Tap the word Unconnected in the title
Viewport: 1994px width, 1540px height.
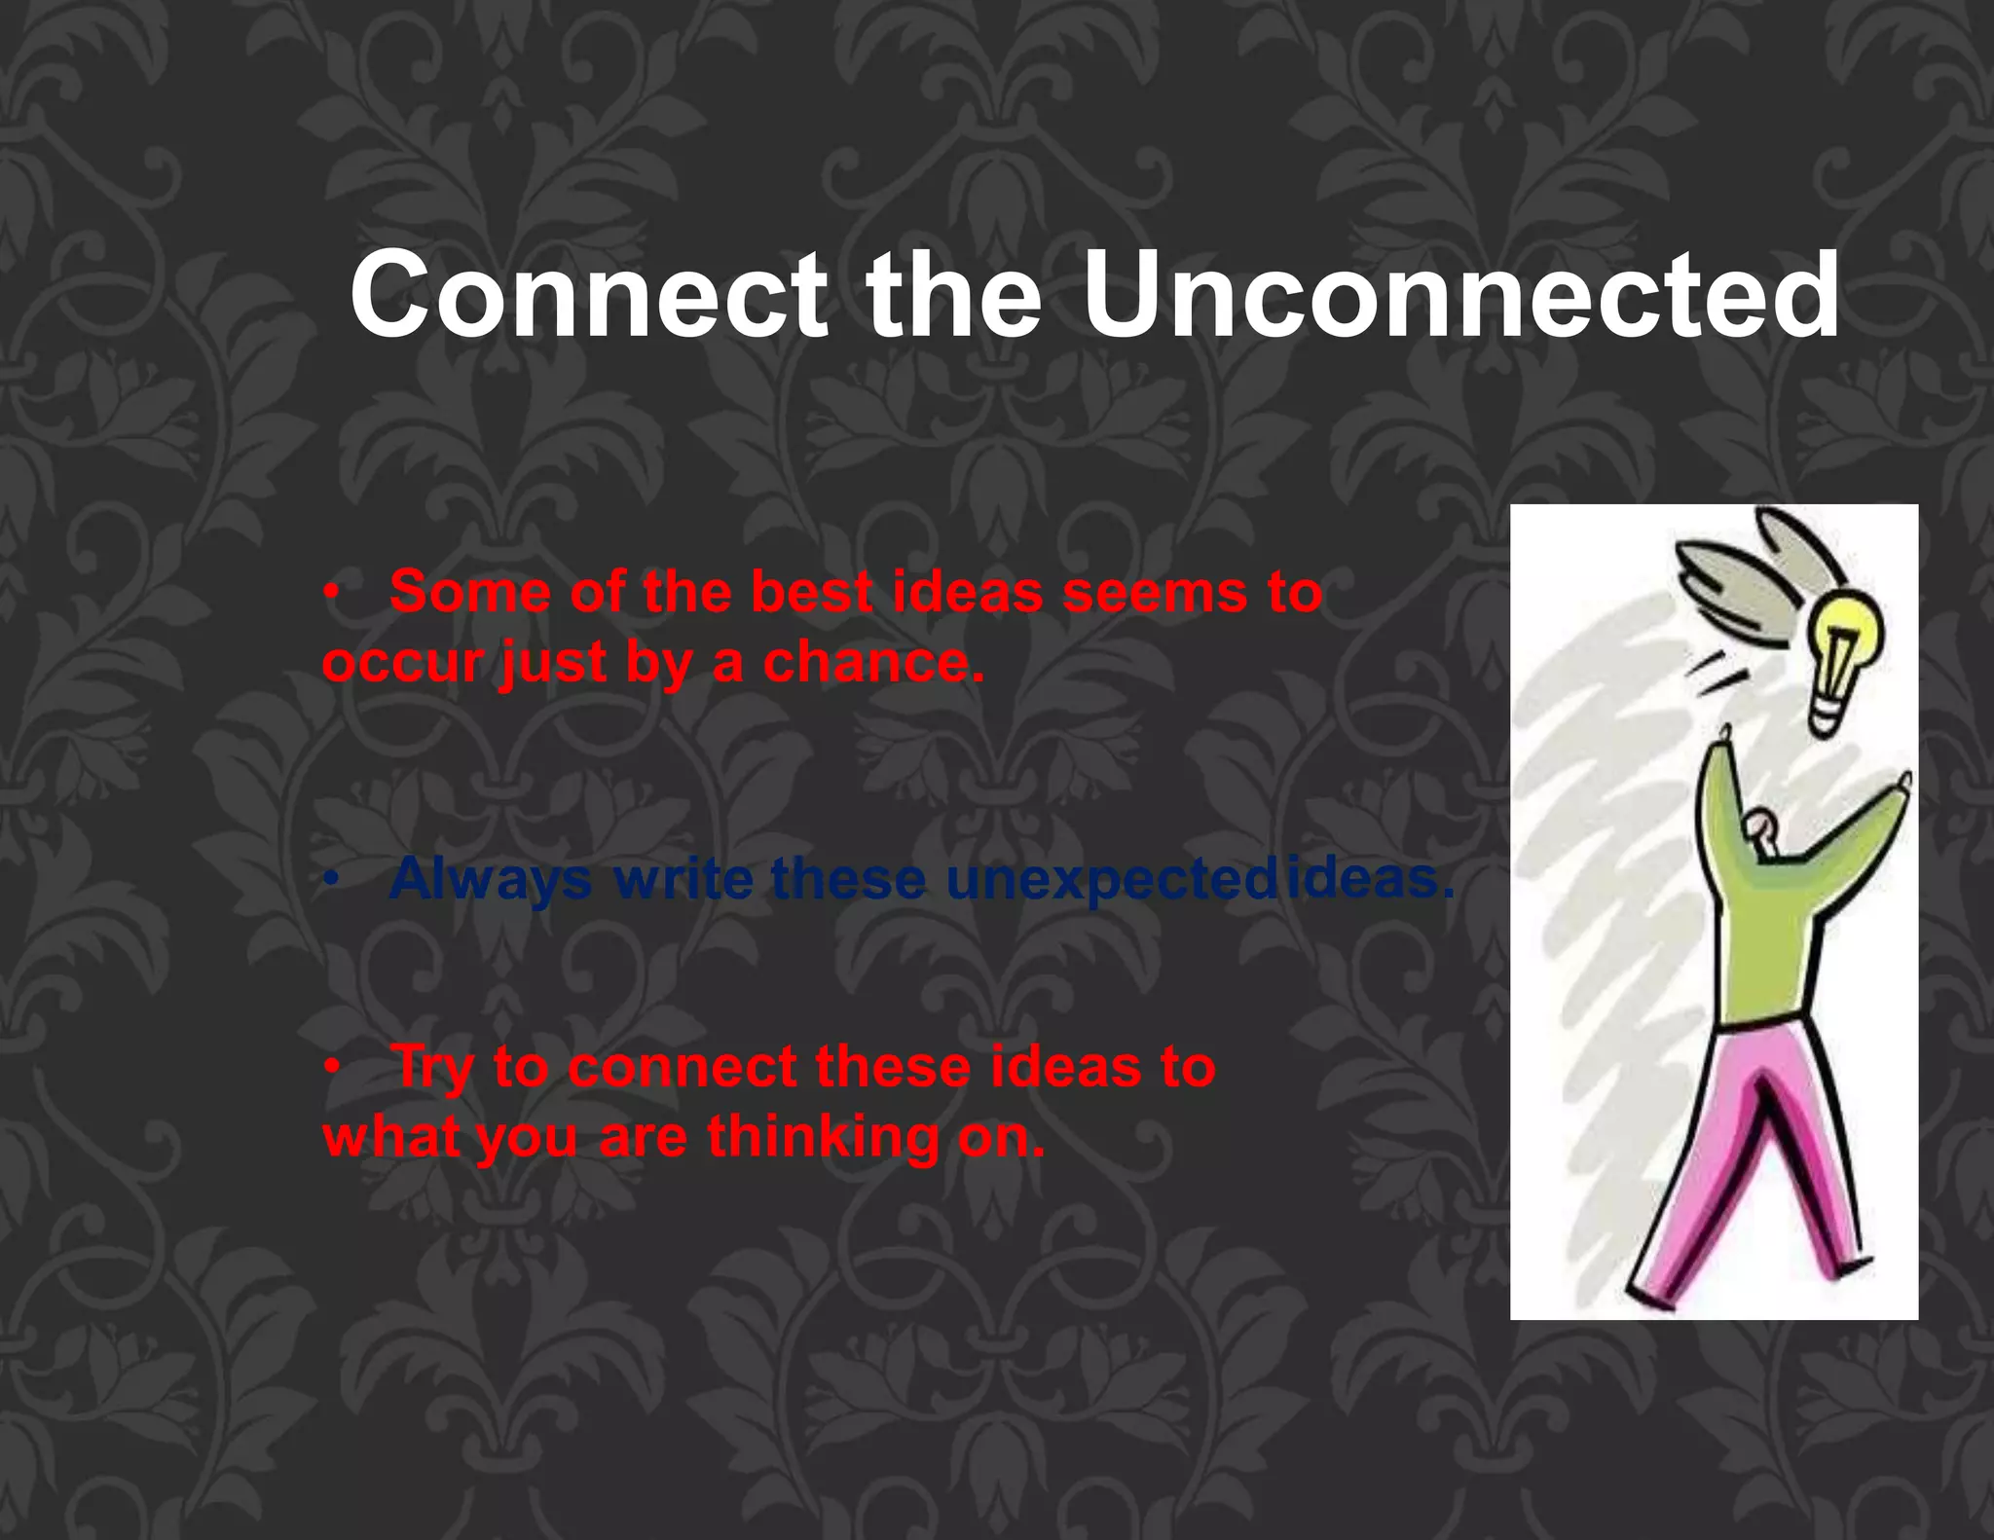(1459, 294)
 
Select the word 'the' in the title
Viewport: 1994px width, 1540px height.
(953, 294)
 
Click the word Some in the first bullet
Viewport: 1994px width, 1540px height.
(469, 592)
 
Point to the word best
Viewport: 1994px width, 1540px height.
(812, 592)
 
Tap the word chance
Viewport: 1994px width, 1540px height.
(873, 664)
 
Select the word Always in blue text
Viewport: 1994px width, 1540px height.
(490, 879)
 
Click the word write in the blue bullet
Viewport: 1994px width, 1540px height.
(683, 879)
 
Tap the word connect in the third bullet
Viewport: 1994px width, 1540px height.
(683, 1067)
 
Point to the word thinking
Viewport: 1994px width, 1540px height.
(823, 1137)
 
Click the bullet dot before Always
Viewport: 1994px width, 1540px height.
(332, 880)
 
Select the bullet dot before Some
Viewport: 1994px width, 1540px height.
(332, 593)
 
